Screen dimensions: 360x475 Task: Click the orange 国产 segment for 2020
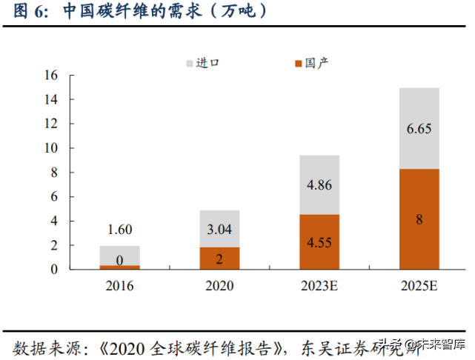click(x=219, y=258)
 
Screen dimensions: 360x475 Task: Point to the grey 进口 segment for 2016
click(x=119, y=256)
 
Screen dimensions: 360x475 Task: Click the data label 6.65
click(x=419, y=129)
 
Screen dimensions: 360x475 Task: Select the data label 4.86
click(x=319, y=185)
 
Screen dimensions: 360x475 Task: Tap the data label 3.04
click(x=219, y=230)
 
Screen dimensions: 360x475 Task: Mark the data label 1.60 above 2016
click(x=119, y=230)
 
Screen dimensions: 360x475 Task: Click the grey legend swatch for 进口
click(x=190, y=63)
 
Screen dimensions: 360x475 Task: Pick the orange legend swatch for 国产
click(x=298, y=63)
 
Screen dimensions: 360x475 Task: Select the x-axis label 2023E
click(x=319, y=285)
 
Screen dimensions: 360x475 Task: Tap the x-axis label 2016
click(x=119, y=285)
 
